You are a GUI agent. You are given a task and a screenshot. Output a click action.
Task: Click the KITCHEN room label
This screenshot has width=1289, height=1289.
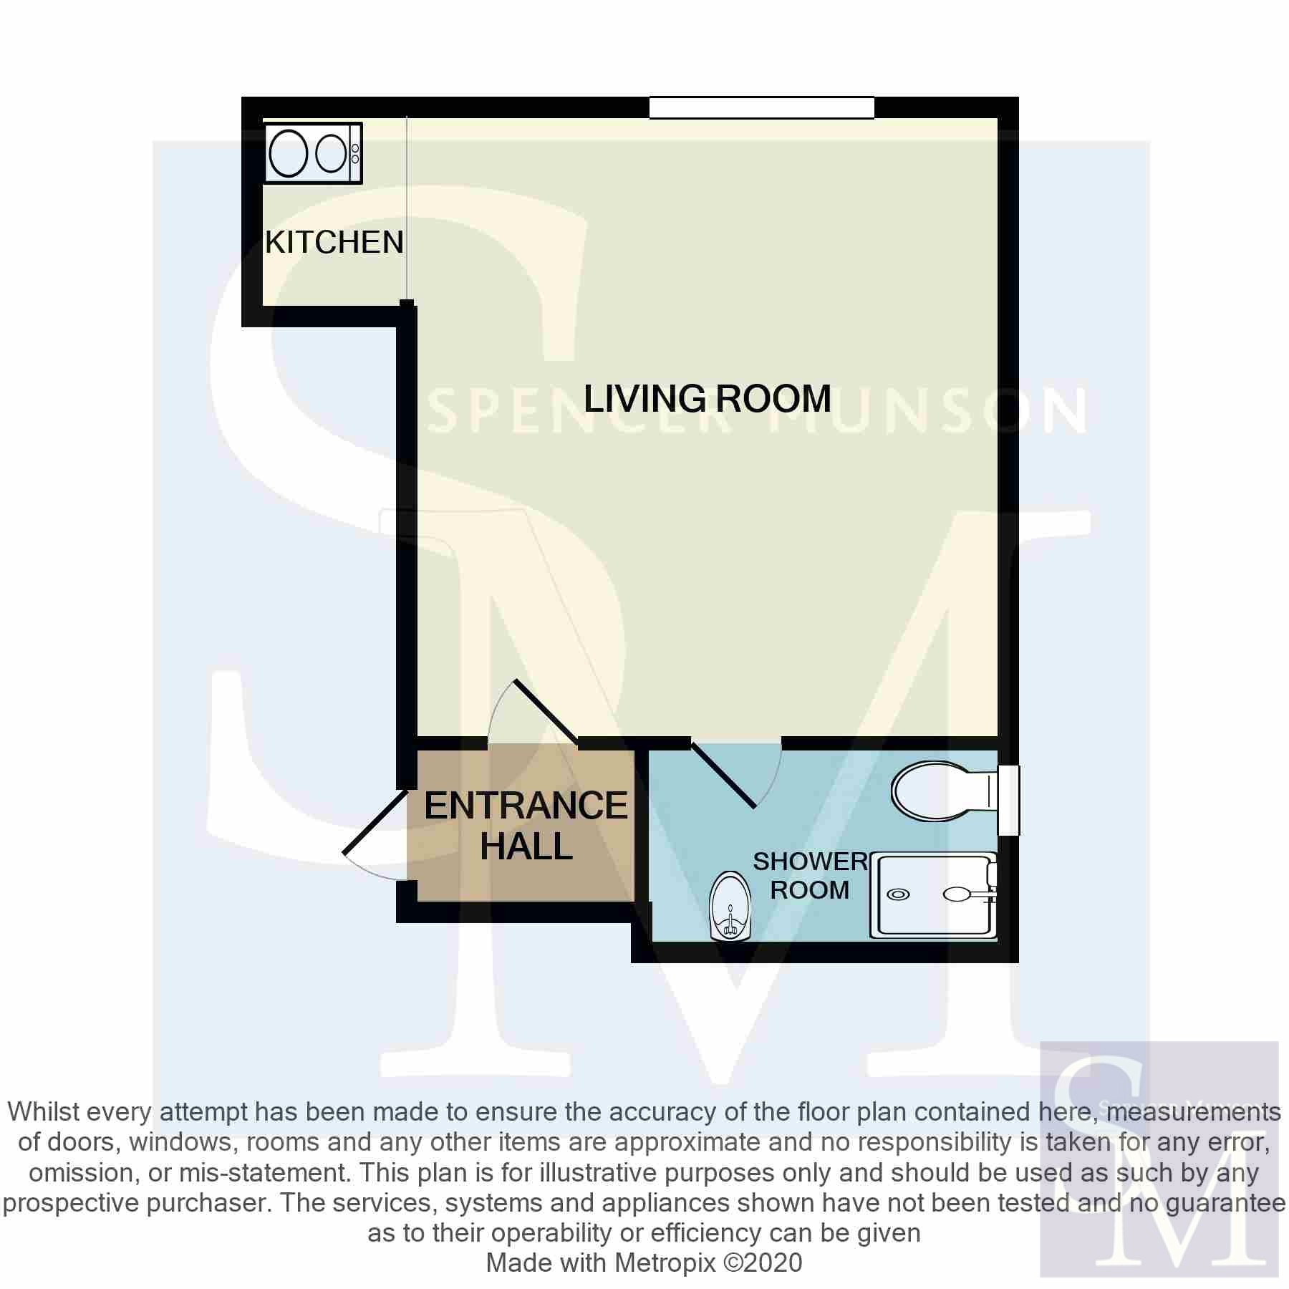click(334, 243)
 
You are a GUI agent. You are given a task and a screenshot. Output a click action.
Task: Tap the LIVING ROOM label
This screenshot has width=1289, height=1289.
click(708, 398)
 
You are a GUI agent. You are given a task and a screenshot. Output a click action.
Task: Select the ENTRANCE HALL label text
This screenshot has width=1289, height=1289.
click(526, 826)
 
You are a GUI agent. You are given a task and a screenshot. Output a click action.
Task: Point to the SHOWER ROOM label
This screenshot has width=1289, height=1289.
click(810, 875)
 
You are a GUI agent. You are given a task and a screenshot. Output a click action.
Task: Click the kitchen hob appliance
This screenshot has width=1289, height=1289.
click(314, 153)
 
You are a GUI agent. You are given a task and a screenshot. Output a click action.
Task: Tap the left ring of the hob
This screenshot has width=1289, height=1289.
click(289, 153)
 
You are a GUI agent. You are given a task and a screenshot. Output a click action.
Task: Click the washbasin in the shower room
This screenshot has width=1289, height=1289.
click(730, 906)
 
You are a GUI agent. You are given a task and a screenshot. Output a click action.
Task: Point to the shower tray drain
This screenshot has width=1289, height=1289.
click(898, 894)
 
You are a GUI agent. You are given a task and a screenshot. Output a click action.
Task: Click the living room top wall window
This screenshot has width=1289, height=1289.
click(762, 107)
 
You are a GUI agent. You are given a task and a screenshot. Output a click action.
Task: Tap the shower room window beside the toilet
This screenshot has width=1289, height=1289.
click(1008, 800)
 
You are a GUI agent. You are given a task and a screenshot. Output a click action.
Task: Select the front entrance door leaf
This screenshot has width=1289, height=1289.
click(376, 822)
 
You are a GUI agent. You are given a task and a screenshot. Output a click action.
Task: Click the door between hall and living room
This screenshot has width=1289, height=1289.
click(546, 712)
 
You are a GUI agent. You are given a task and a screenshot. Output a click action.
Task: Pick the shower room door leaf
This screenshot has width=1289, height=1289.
click(723, 776)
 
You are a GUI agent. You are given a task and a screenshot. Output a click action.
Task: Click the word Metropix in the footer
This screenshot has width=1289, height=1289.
click(665, 1263)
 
